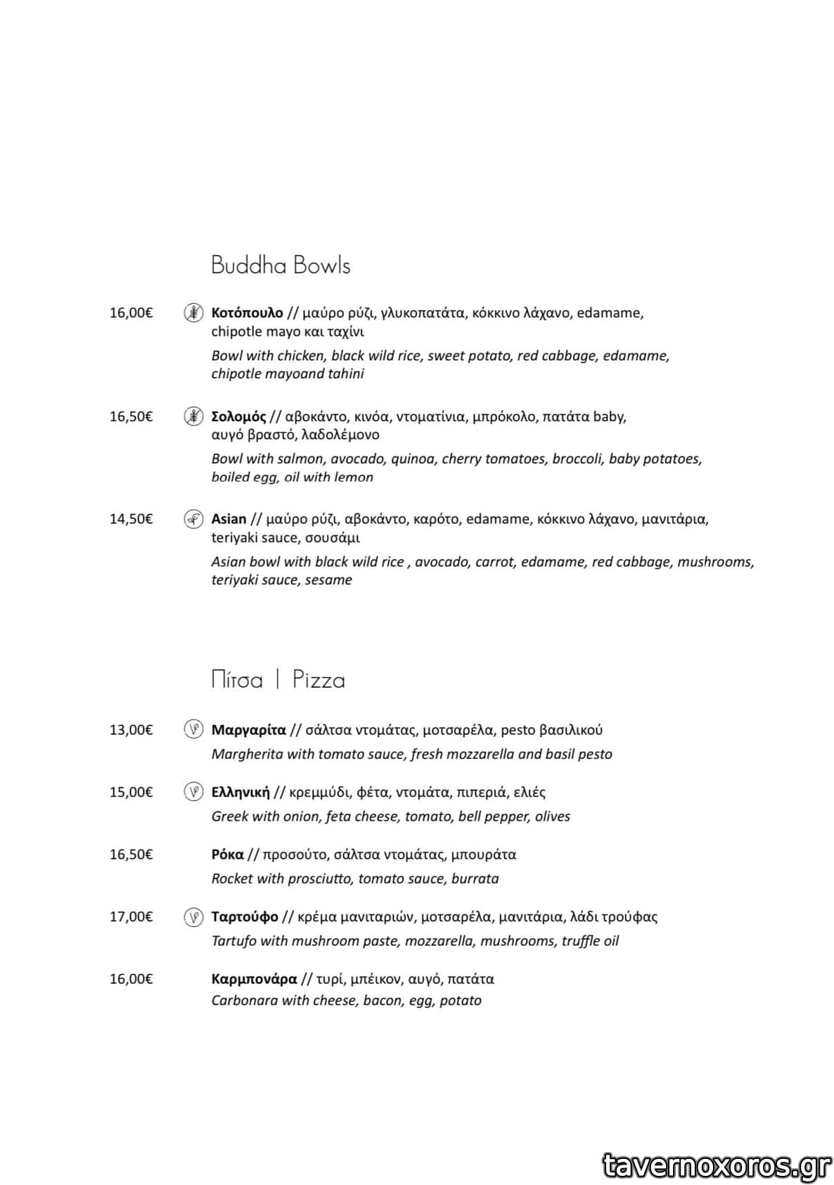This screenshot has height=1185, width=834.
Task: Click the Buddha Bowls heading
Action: pyautogui.click(x=281, y=265)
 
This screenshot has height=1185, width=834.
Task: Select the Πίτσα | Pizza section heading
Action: pyautogui.click(x=278, y=680)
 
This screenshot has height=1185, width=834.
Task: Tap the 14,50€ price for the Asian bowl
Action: pyautogui.click(x=131, y=519)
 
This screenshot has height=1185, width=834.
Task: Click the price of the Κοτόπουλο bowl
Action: pyautogui.click(x=131, y=313)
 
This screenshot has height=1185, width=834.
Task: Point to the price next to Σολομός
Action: pyautogui.click(x=131, y=416)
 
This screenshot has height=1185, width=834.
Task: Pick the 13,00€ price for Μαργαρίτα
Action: pyautogui.click(x=131, y=730)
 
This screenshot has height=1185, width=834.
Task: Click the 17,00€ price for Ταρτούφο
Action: pyautogui.click(x=131, y=916)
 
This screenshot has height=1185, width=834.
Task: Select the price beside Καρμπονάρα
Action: pyautogui.click(x=131, y=979)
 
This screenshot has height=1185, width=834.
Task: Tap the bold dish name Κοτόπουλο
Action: pyautogui.click(x=247, y=313)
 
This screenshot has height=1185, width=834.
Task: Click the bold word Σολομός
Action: pyautogui.click(x=238, y=416)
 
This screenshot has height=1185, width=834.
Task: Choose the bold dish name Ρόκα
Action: pyautogui.click(x=227, y=854)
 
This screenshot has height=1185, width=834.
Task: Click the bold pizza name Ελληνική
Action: pyautogui.click(x=240, y=793)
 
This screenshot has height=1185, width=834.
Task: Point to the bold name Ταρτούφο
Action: pyautogui.click(x=245, y=916)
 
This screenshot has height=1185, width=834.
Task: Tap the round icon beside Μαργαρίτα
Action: pyautogui.click(x=193, y=729)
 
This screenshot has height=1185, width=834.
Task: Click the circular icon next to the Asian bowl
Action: pyautogui.click(x=193, y=519)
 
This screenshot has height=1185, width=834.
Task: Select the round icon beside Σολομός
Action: pyautogui.click(x=193, y=416)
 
